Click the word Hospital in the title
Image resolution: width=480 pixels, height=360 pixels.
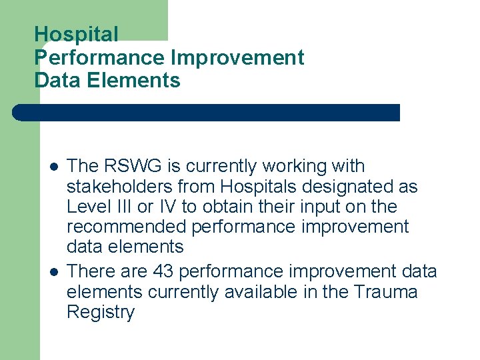click(76, 35)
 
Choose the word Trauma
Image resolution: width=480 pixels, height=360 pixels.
click(385, 292)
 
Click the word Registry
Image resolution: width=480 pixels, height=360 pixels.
click(101, 313)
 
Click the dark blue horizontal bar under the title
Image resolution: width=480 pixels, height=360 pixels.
click(207, 113)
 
